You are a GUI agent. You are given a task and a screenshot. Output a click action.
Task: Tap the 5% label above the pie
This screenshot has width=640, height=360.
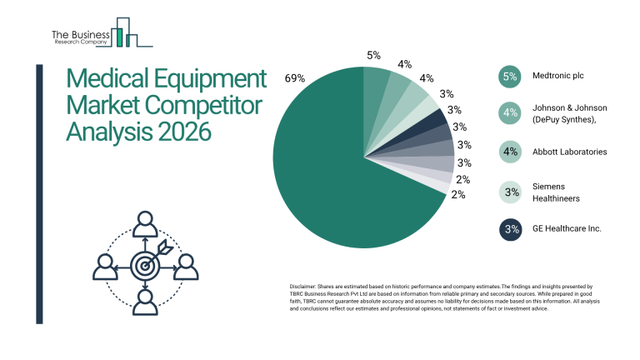point(373,55)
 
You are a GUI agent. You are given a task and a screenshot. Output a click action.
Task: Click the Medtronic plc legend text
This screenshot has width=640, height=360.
point(557,76)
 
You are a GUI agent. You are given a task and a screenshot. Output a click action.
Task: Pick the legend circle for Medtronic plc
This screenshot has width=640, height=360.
point(511,76)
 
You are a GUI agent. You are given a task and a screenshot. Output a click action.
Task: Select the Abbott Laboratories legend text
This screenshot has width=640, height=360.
point(569,152)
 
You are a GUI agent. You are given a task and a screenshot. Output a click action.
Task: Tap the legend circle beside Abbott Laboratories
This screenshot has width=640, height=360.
point(511,152)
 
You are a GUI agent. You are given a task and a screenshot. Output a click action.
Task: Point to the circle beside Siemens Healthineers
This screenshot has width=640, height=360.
point(511,192)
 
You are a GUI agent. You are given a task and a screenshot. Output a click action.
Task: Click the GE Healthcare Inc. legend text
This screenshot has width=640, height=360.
point(566,228)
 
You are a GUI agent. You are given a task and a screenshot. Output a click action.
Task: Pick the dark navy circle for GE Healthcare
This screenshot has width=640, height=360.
point(511,228)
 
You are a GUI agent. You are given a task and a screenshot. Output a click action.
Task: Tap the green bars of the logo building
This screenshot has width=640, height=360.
point(122,35)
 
